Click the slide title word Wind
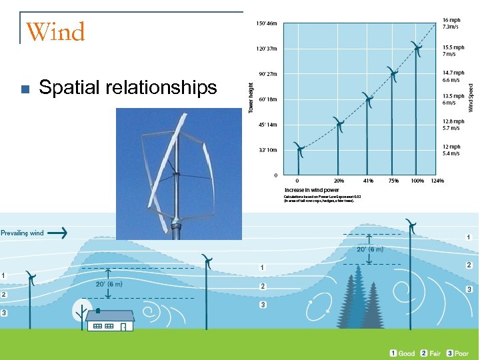pyautogui.click(x=55, y=32)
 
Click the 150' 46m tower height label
pyautogui.click(x=267, y=23)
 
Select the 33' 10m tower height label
pyautogui.click(x=267, y=150)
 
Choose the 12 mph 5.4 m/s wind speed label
pyautogui.click(x=451, y=150)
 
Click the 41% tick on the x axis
pyautogui.click(x=368, y=181)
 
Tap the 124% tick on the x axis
pyautogui.click(x=437, y=181)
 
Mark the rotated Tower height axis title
pyautogui.click(x=251, y=97)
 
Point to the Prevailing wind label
pyautogui.click(x=22, y=233)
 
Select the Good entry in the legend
pyautogui.click(x=402, y=353)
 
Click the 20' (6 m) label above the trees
pyautogui.click(x=369, y=249)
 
